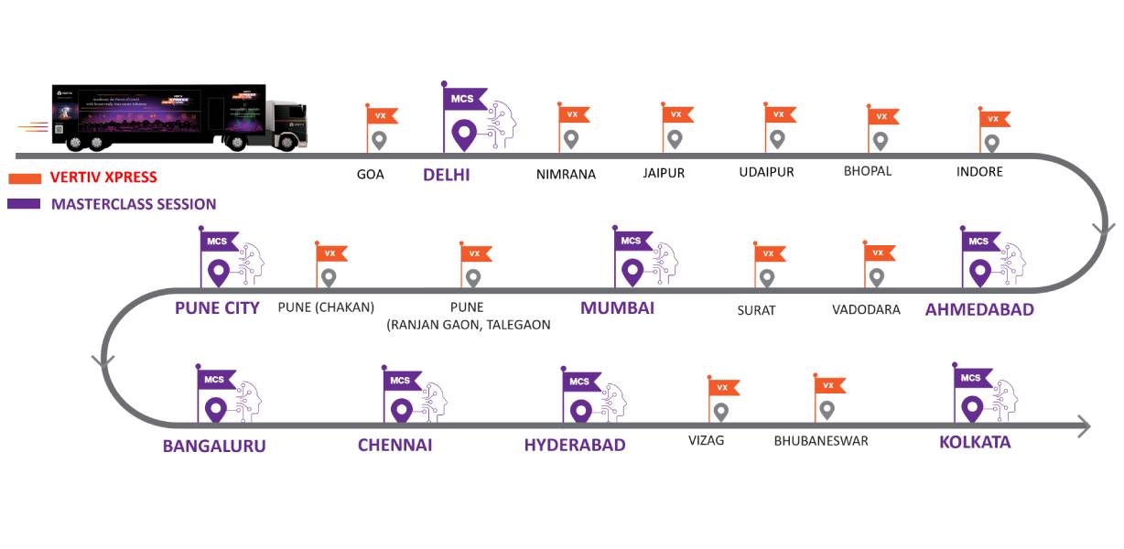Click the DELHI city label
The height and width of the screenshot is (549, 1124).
point(446,174)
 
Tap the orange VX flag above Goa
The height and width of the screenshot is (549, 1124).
point(380,116)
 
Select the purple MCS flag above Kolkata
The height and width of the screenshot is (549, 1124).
point(971,378)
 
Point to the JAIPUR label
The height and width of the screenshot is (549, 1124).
point(664,173)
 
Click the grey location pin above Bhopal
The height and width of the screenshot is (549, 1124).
point(880,141)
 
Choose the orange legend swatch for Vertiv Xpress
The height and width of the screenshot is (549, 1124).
point(24,178)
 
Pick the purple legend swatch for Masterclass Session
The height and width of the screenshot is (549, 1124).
point(24,203)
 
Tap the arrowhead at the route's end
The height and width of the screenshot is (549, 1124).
point(1083,426)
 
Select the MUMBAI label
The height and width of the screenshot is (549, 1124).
point(617,307)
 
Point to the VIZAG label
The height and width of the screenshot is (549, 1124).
point(706,440)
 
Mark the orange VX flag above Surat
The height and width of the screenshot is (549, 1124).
point(769,253)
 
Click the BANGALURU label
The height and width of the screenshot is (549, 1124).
point(214,446)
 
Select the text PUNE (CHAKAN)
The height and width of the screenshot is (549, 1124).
point(326,307)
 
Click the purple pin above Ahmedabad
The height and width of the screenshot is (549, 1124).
point(980,272)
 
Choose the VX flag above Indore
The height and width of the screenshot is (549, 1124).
point(994,119)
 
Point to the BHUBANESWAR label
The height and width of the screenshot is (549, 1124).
point(820,440)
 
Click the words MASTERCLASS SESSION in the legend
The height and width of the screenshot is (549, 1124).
point(134,204)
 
